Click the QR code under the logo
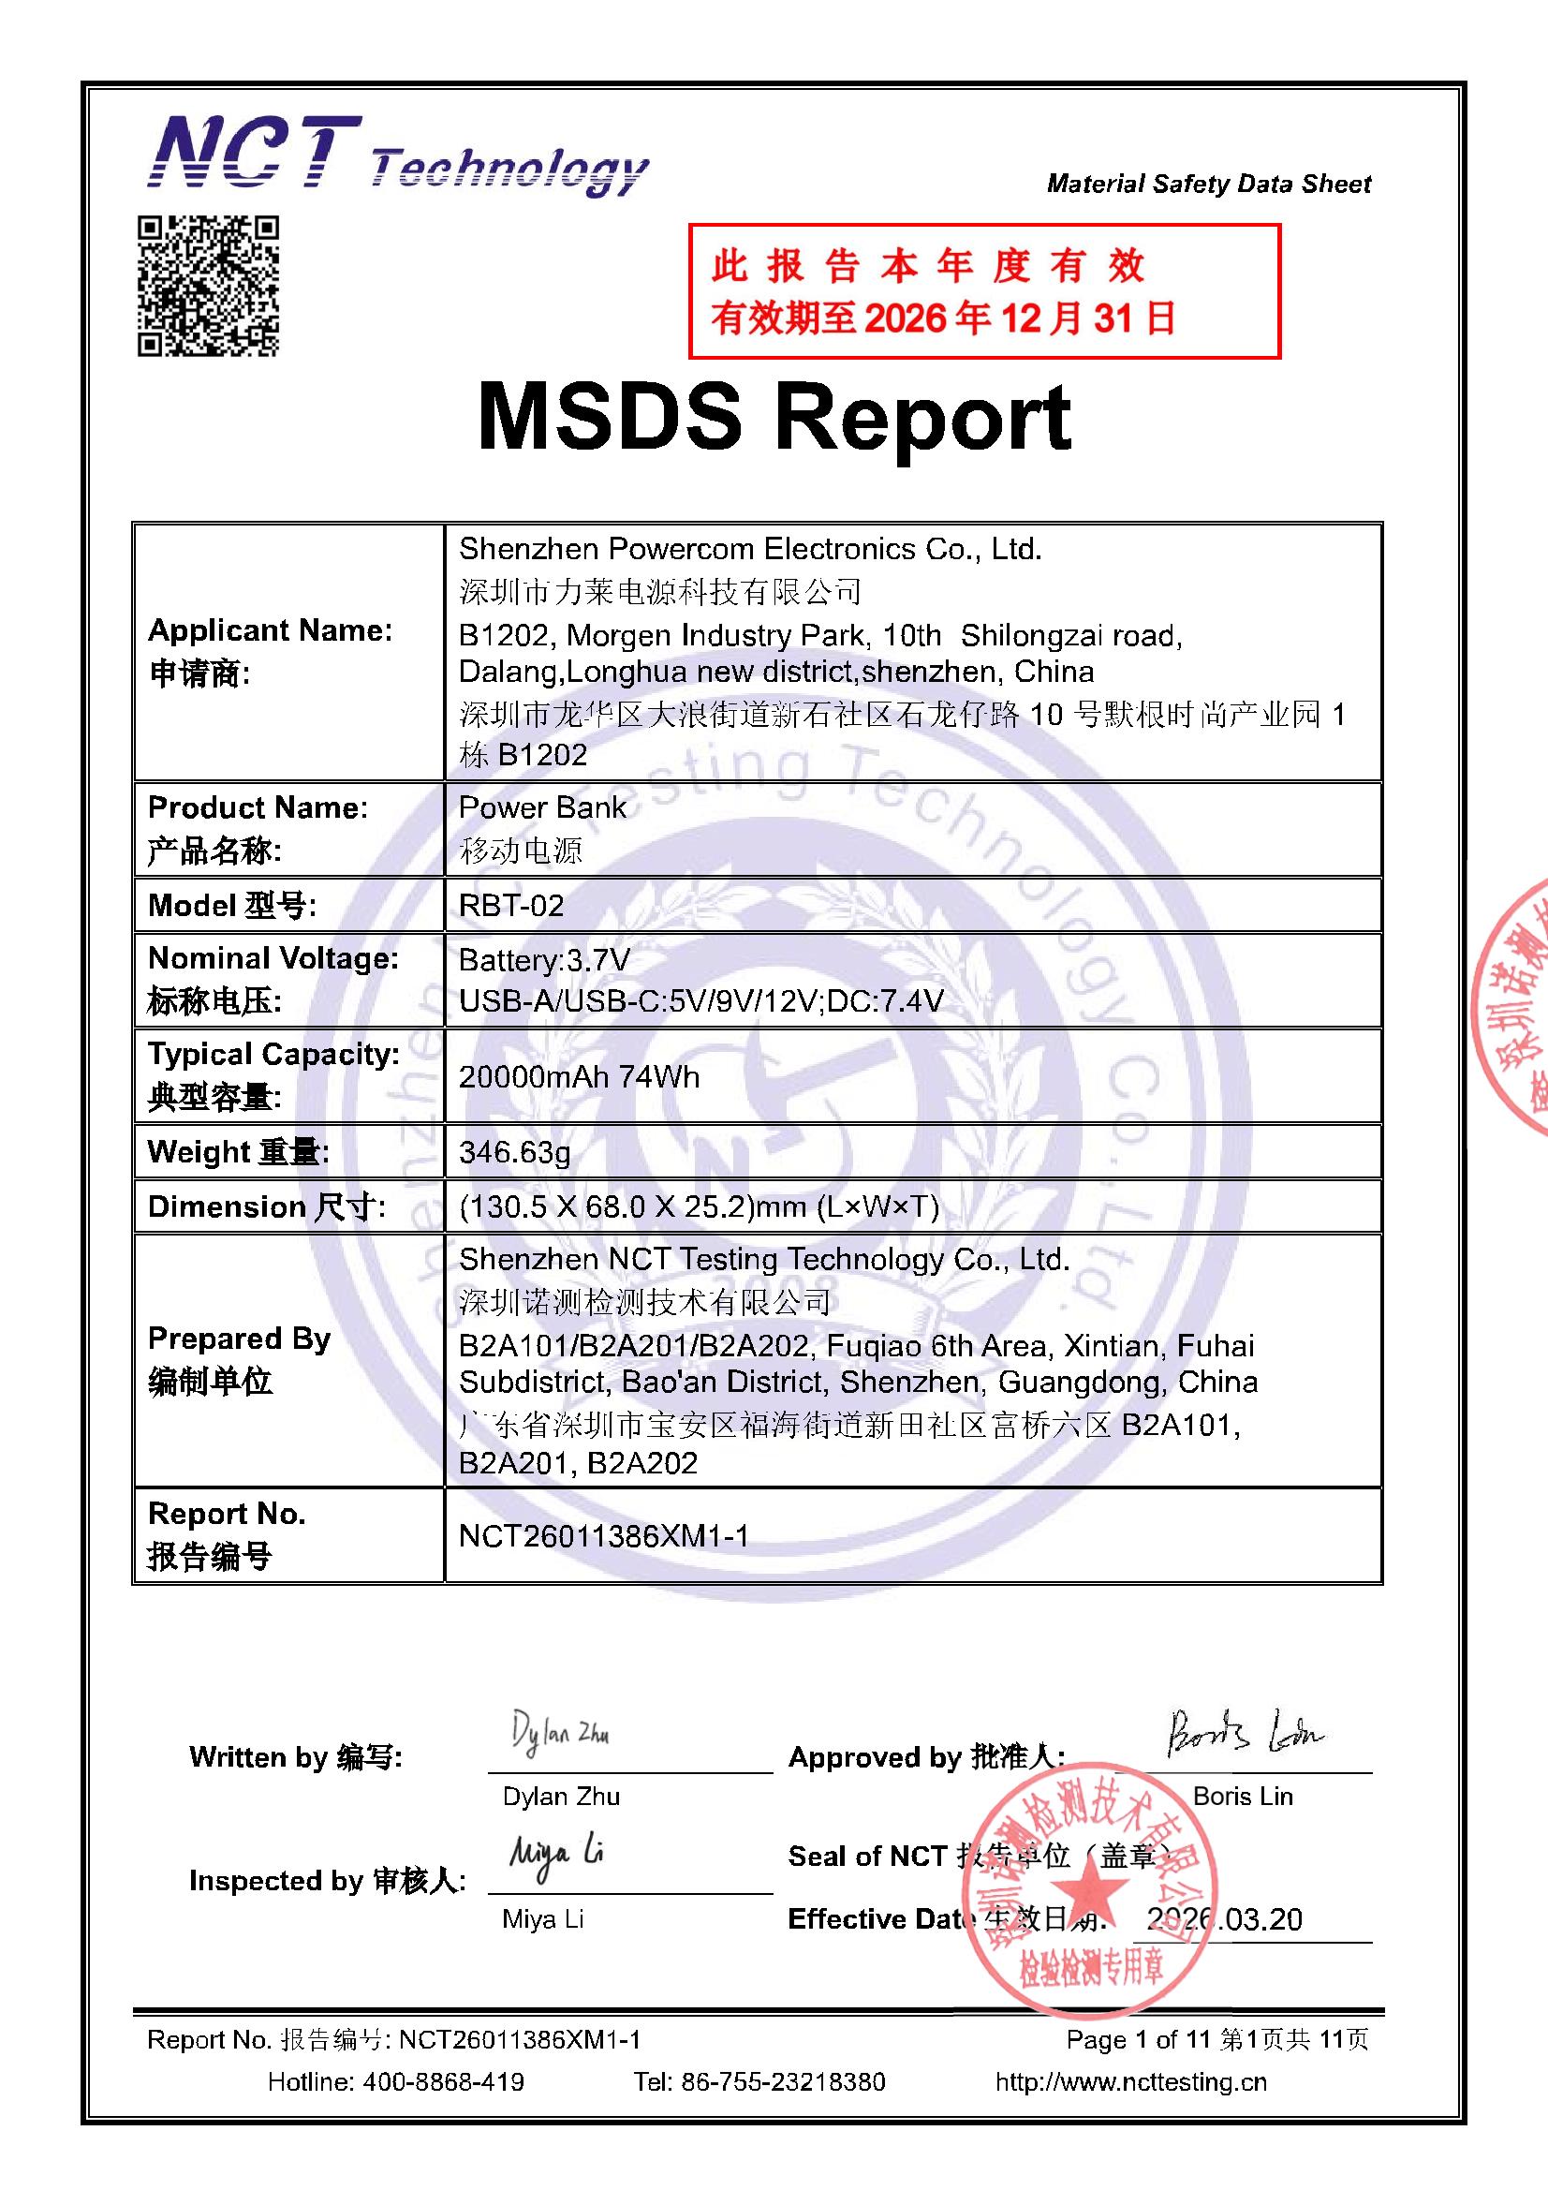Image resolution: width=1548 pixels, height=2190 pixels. [x=208, y=286]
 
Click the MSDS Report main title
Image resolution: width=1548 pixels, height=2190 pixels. [x=774, y=418]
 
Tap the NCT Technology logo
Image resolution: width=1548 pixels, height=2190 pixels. [x=397, y=155]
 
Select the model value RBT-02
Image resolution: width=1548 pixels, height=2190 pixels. [x=511, y=904]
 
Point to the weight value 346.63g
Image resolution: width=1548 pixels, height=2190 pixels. [x=515, y=1152]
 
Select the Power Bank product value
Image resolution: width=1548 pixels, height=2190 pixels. [x=541, y=807]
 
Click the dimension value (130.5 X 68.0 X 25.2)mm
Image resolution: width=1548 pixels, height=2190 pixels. [x=699, y=1206]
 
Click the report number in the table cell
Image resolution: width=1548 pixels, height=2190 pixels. [x=604, y=1535]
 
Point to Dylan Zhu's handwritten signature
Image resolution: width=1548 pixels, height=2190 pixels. [x=560, y=1733]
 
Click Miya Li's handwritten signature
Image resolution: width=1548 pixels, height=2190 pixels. [x=556, y=1856]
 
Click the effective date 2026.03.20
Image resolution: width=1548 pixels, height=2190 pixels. [x=1225, y=1919]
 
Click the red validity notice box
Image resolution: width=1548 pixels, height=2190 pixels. [x=984, y=291]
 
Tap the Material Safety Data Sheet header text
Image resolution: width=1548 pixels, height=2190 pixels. [x=1208, y=184]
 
